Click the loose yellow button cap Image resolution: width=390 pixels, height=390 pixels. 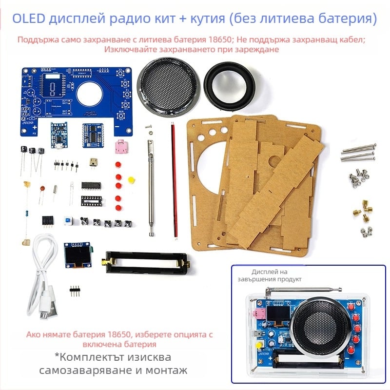point(131,180)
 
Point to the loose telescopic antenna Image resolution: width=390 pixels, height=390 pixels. point(152,185)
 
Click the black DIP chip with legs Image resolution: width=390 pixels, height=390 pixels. point(91,185)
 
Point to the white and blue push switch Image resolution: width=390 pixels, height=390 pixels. point(68,220)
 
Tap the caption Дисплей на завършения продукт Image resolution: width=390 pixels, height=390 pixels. point(276,275)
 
